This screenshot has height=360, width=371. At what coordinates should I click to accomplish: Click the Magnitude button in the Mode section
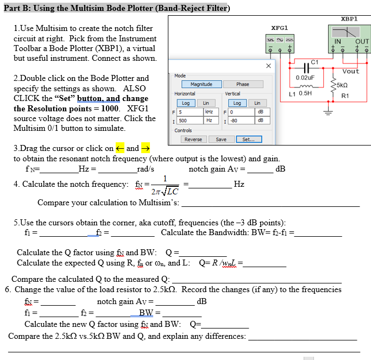point(197,84)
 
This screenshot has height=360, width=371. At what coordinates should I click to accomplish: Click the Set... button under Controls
point(248,140)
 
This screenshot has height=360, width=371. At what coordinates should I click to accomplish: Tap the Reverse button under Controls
point(193,140)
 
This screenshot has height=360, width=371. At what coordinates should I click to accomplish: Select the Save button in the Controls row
point(221,140)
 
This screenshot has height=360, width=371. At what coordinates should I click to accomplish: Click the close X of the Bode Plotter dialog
point(268,65)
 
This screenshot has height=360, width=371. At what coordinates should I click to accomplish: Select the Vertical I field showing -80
point(240,120)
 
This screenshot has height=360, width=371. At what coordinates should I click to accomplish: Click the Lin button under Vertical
point(257,103)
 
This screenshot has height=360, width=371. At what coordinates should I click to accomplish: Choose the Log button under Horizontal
point(185,103)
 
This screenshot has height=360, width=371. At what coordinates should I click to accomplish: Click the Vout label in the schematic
point(351,71)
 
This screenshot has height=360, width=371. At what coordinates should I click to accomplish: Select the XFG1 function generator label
point(279,27)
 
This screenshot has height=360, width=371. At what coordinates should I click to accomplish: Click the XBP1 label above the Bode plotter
point(349,18)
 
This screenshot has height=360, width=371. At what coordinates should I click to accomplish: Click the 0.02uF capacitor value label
point(305,78)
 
